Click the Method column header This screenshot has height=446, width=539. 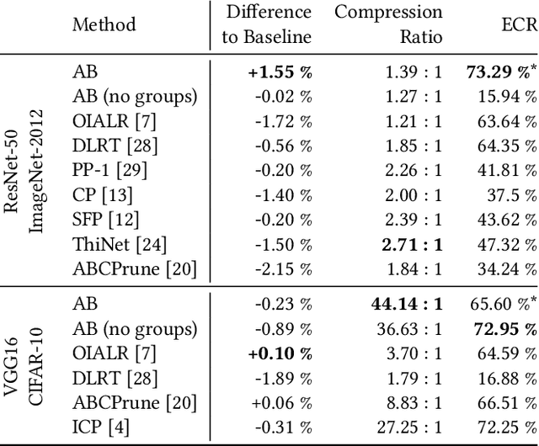[x=104, y=24]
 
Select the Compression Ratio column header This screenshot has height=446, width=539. [x=388, y=24]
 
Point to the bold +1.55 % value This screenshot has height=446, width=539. [x=280, y=73]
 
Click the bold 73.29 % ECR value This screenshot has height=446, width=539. [x=495, y=73]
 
